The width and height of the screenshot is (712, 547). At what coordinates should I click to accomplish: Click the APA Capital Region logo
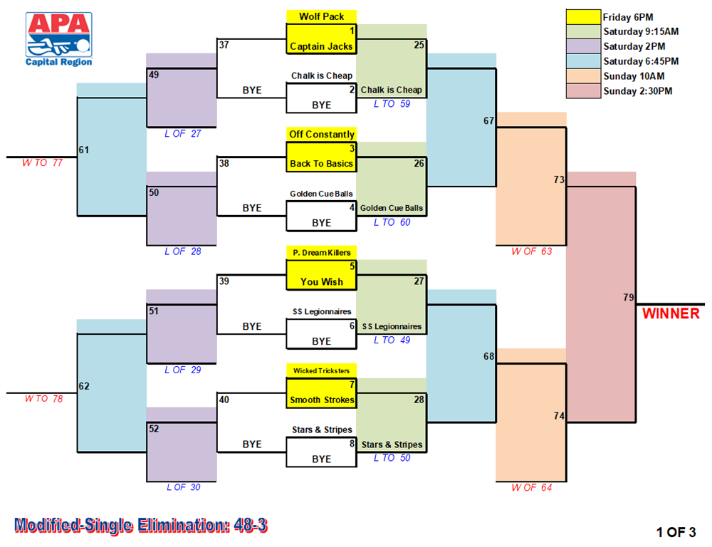click(59, 39)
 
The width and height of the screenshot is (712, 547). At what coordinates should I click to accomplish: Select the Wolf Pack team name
click(322, 16)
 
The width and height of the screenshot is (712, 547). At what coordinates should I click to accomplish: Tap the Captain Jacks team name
click(321, 46)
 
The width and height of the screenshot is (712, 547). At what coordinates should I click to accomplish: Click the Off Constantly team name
click(322, 134)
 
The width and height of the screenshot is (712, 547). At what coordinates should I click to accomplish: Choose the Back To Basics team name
click(321, 164)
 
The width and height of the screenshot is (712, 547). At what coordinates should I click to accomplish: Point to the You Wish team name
click(322, 281)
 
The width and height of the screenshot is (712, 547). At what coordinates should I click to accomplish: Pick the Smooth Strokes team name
click(322, 400)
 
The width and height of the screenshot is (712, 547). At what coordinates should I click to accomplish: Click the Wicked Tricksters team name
click(322, 371)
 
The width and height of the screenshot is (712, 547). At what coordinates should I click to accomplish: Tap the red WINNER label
click(671, 313)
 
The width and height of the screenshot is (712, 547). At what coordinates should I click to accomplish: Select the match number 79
click(629, 297)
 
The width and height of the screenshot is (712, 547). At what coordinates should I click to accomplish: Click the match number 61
click(84, 150)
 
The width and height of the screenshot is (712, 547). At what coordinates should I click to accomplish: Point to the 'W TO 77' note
click(42, 162)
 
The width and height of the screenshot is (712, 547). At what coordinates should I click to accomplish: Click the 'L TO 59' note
click(392, 103)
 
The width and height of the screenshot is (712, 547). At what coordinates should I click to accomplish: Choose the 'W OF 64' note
click(531, 487)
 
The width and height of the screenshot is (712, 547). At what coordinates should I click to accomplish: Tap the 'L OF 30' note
click(183, 487)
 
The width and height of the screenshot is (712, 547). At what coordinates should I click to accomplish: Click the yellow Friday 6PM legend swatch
click(584, 17)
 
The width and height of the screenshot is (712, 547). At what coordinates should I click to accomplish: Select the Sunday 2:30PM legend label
click(637, 91)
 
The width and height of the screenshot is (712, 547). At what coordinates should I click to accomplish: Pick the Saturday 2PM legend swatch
click(584, 46)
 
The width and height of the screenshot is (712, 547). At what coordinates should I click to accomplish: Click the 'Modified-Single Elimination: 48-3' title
click(141, 525)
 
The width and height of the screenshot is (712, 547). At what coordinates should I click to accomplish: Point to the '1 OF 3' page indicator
click(676, 532)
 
